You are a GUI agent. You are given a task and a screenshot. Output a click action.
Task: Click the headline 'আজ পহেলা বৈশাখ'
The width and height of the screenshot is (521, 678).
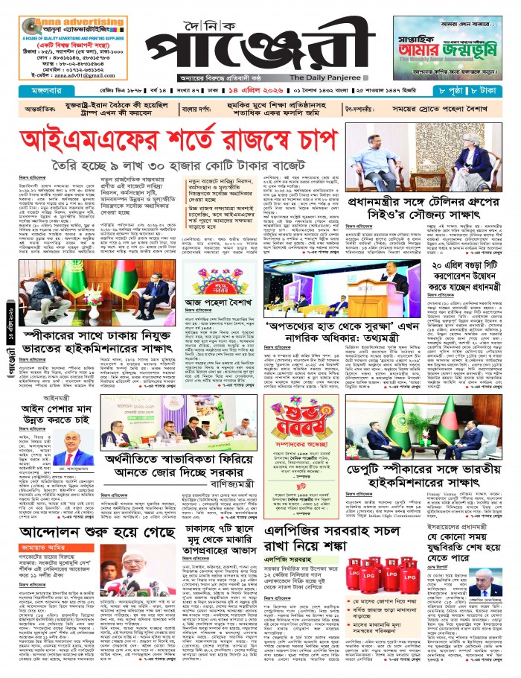tap(217, 302)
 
